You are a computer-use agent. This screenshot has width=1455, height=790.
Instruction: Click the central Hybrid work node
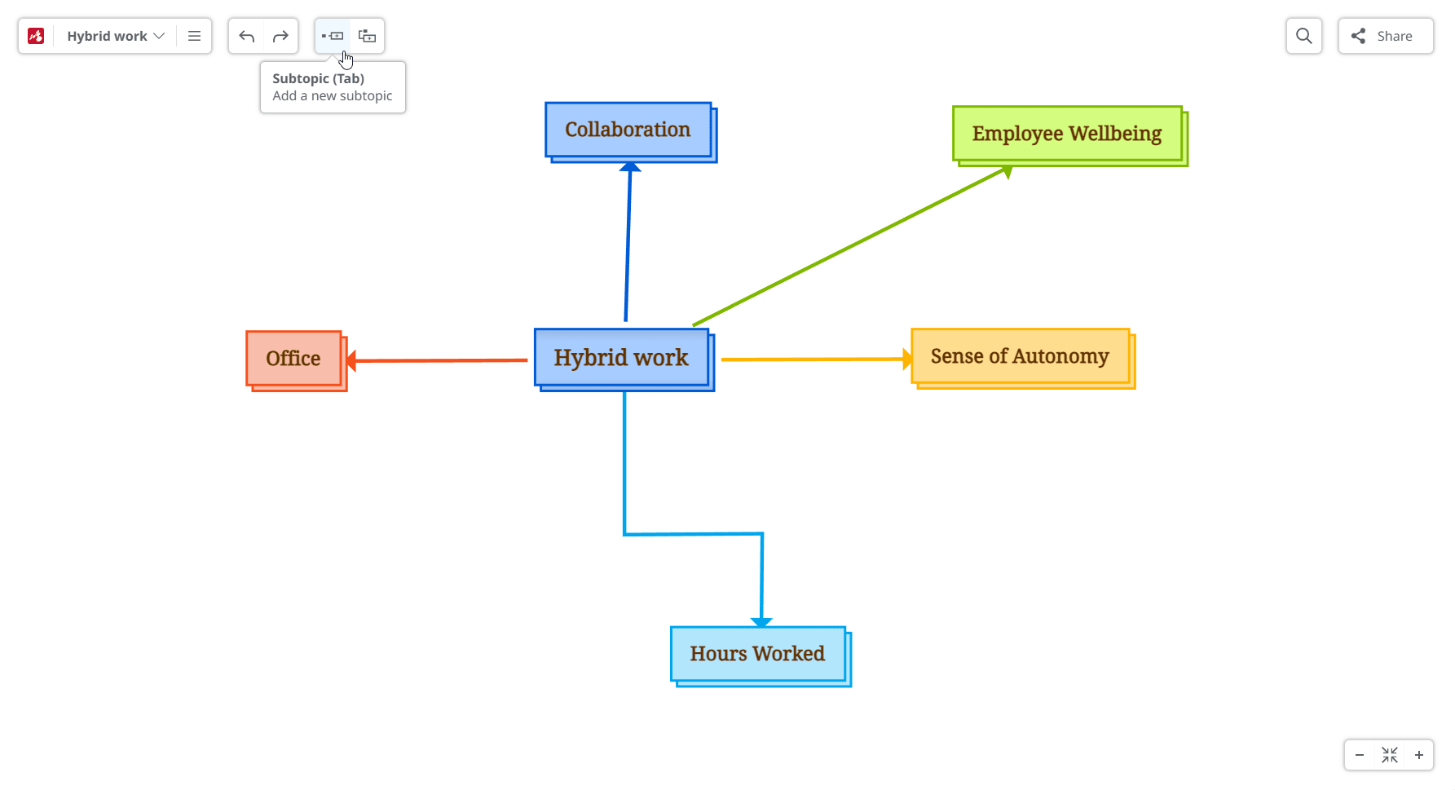pyautogui.click(x=621, y=358)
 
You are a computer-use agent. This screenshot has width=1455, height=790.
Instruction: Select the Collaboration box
pyautogui.click(x=628, y=130)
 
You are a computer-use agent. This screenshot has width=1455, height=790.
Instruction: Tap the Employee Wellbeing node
pyautogui.click(x=1066, y=134)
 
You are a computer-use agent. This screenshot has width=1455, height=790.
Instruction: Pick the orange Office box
pyautogui.click(x=293, y=359)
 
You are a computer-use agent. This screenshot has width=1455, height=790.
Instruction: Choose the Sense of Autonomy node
pyautogui.click(x=1020, y=356)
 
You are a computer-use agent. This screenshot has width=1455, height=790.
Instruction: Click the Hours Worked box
pyautogui.click(x=757, y=654)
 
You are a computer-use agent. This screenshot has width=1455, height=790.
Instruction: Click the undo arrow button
pyautogui.click(x=247, y=36)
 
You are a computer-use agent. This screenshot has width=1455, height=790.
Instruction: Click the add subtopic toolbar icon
pyautogui.click(x=333, y=36)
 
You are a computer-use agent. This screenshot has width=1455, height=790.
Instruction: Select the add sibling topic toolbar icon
pyautogui.click(x=367, y=36)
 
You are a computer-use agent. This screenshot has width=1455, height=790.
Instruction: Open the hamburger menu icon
pyautogui.click(x=194, y=36)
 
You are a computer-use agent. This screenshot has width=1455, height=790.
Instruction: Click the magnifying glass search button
pyautogui.click(x=1303, y=36)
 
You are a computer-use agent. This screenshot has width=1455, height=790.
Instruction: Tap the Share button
pyautogui.click(x=1385, y=36)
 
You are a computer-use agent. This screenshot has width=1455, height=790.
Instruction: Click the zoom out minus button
pyautogui.click(x=1359, y=755)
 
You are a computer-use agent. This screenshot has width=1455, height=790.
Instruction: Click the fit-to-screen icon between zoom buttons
pyautogui.click(x=1390, y=755)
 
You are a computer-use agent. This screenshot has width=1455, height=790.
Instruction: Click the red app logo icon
pyautogui.click(x=36, y=36)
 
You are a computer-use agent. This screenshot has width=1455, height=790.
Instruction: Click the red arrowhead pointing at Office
pyautogui.click(x=351, y=360)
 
